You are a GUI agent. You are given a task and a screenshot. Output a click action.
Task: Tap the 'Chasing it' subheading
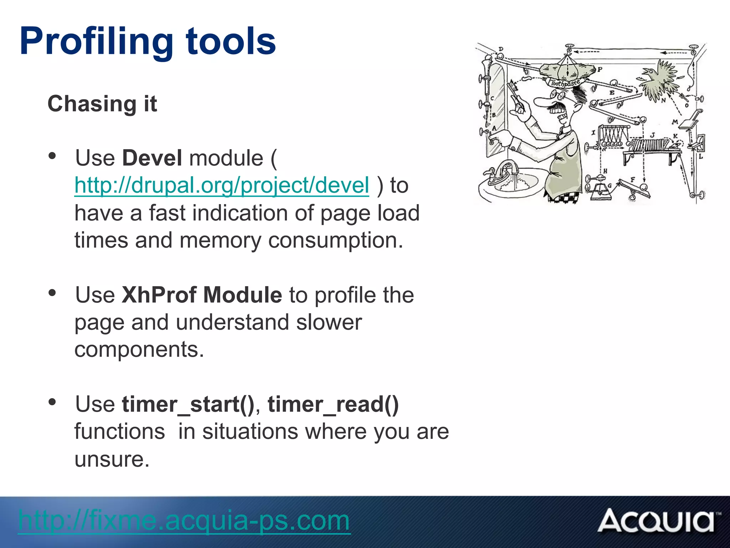pyautogui.click(x=102, y=104)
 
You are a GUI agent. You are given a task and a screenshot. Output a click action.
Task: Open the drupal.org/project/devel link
pyautogui.click(x=221, y=186)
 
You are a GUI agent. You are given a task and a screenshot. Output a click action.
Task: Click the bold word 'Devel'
pyautogui.click(x=152, y=158)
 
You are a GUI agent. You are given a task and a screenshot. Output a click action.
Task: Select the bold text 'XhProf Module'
pyautogui.click(x=202, y=295)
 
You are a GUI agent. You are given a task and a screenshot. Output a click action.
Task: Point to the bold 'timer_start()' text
pyautogui.click(x=188, y=405)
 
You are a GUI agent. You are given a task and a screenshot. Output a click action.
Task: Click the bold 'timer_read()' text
pyautogui.click(x=333, y=405)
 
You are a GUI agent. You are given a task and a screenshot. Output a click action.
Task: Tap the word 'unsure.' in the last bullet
pyautogui.click(x=112, y=459)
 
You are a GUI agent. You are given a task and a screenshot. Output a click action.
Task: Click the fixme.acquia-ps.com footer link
pyautogui.click(x=184, y=521)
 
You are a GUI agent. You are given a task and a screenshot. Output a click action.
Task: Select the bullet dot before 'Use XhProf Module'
pyautogui.click(x=52, y=293)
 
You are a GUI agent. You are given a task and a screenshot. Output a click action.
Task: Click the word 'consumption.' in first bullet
pyautogui.click(x=335, y=240)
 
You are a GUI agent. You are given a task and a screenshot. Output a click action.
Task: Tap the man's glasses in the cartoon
pyautogui.click(x=557, y=95)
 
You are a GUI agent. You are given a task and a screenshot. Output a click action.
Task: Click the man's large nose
pyautogui.click(x=543, y=102)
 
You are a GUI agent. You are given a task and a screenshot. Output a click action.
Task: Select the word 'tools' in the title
pyautogui.click(x=231, y=42)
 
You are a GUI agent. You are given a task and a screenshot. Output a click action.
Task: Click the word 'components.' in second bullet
pyautogui.click(x=139, y=350)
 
